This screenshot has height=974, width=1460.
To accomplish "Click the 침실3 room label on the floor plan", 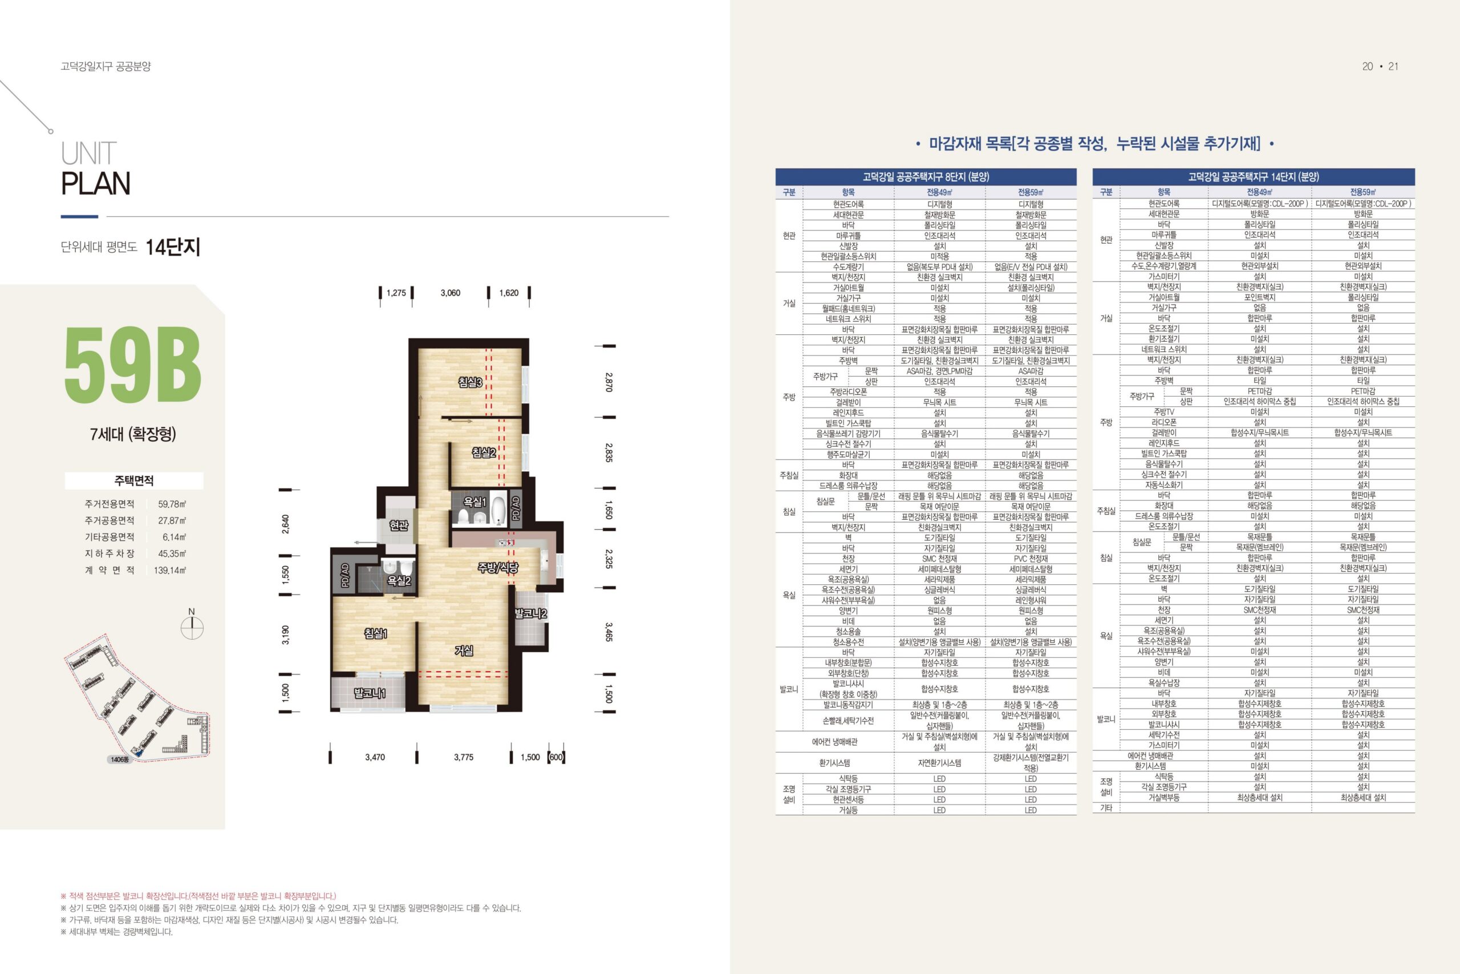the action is (x=470, y=382).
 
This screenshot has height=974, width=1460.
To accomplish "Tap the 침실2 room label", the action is (x=484, y=452).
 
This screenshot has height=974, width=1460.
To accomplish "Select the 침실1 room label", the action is (x=376, y=633).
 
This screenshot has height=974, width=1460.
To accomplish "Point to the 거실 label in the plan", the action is (x=464, y=650).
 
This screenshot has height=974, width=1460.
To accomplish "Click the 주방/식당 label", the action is (x=498, y=567).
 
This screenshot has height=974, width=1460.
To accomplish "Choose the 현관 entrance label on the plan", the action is (x=399, y=526).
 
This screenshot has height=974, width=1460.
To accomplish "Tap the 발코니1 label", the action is (x=370, y=693).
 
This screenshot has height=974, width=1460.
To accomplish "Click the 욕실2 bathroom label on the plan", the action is (x=399, y=581).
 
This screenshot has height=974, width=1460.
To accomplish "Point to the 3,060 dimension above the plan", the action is (x=450, y=293).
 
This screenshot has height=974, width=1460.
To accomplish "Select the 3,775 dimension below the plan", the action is (x=463, y=757).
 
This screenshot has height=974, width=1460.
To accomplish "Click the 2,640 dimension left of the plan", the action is (x=286, y=524).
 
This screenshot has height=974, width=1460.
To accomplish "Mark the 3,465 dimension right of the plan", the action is (x=609, y=632).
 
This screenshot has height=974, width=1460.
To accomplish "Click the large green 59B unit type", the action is (x=133, y=364).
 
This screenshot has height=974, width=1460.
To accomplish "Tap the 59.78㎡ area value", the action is (x=172, y=504).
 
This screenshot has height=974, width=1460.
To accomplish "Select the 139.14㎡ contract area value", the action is (x=170, y=570).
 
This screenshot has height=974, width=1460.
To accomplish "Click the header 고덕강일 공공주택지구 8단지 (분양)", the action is (x=926, y=177).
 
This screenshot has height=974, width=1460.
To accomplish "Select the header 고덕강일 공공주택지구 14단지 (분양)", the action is (x=1254, y=177).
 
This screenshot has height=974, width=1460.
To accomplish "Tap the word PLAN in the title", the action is (x=96, y=183).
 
